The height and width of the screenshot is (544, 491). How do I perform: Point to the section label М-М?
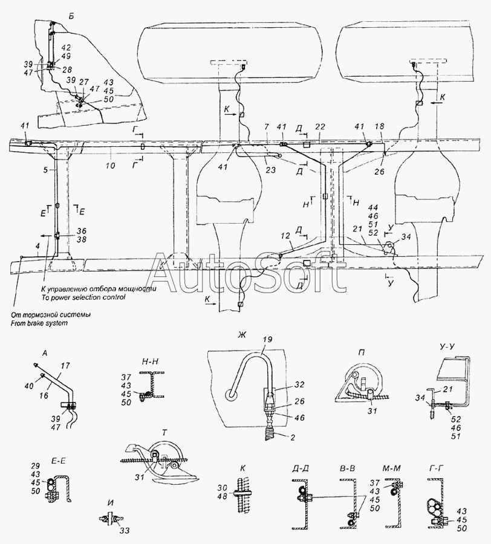coord(389,468)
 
